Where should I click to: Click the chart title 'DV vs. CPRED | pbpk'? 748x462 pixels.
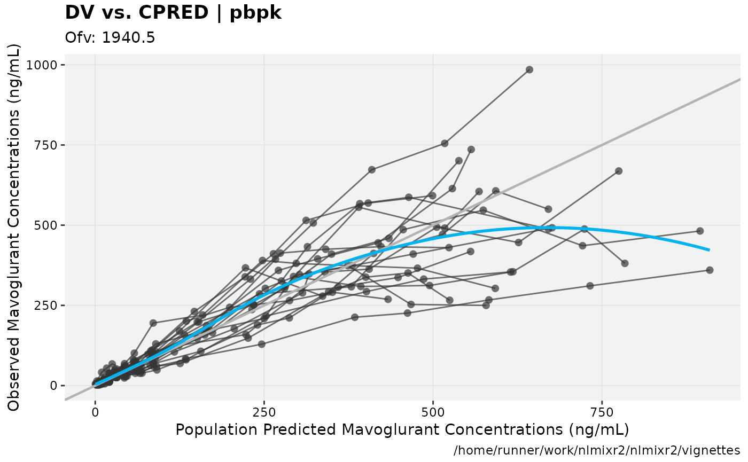[x=173, y=13]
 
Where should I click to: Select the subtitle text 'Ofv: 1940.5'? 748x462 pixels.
[x=110, y=38]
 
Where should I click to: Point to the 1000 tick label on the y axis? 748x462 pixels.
[x=45, y=65]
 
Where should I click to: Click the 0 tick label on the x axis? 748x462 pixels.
[x=95, y=412]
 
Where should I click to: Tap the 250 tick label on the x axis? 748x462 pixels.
[x=264, y=412]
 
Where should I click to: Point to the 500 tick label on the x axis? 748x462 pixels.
[x=433, y=412]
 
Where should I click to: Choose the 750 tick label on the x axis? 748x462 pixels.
[x=602, y=412]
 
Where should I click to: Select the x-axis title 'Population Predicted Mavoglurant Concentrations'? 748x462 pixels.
[x=402, y=430]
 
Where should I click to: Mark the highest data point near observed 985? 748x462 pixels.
[x=529, y=69]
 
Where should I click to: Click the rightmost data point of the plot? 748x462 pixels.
[x=710, y=270]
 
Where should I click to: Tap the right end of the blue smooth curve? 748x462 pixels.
[x=709, y=249]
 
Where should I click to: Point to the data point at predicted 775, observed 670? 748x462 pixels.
[x=619, y=171]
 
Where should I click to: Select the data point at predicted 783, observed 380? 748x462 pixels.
[x=625, y=263]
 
